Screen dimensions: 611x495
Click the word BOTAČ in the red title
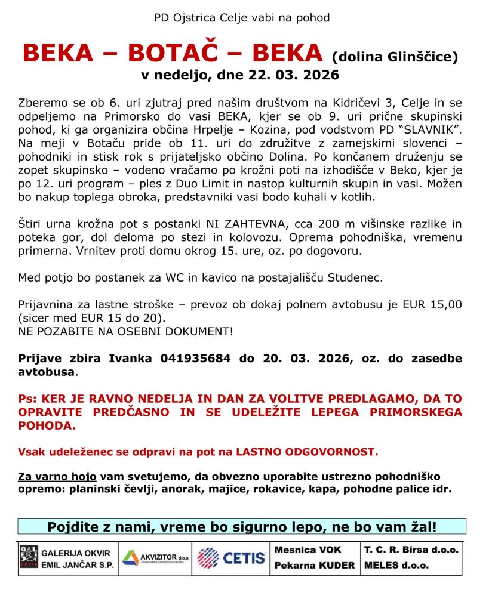(180, 54)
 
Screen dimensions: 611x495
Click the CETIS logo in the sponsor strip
(231, 558)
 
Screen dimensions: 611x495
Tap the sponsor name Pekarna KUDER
(315, 565)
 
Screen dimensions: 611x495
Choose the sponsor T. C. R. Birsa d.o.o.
(411, 550)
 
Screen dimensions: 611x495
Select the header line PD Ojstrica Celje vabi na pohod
(242, 17)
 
